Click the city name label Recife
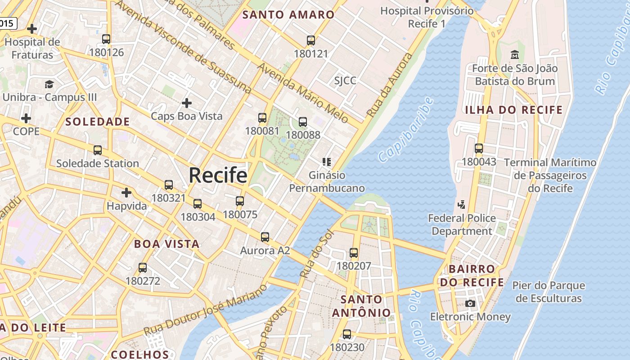pos(218,175)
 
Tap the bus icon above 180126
pos(106,39)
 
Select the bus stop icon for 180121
pos(311,40)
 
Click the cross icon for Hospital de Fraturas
pos(32,29)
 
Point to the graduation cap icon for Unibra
pos(49,84)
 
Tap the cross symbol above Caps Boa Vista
pos(186,103)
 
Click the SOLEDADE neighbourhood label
pos(98,121)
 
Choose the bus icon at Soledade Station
pos(98,150)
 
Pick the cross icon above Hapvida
pos(126,193)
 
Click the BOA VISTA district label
pos(166,244)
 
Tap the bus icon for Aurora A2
pos(265,237)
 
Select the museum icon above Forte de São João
pos(515,55)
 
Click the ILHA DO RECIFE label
pos(514,110)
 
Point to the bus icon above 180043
pos(479,148)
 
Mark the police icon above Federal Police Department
pos(461,205)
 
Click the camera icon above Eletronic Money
pos(470,304)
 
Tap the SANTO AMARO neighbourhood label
pos(288,14)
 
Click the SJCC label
pos(345,81)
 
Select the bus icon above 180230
pos(347,334)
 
